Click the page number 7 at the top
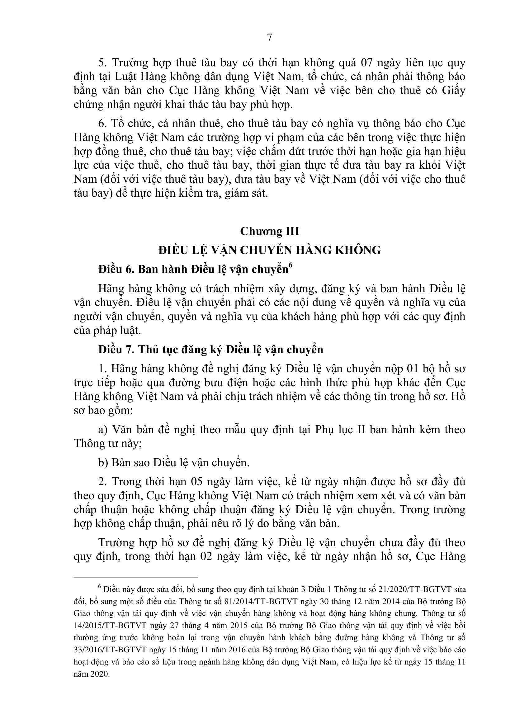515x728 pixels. [x=270, y=37]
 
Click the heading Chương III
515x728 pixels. [x=270, y=231]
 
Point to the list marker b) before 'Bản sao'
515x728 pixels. [x=103, y=463]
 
